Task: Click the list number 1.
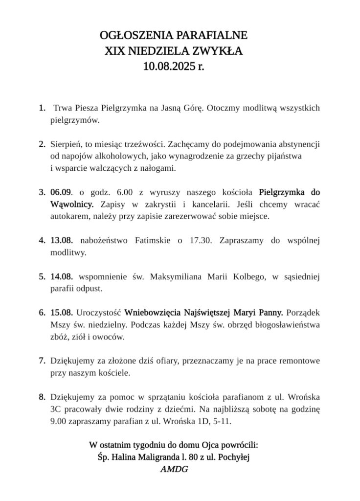click(42, 107)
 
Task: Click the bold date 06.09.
click(62, 191)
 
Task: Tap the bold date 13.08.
click(62, 241)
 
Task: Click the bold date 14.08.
click(62, 277)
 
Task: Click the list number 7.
click(42, 361)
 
